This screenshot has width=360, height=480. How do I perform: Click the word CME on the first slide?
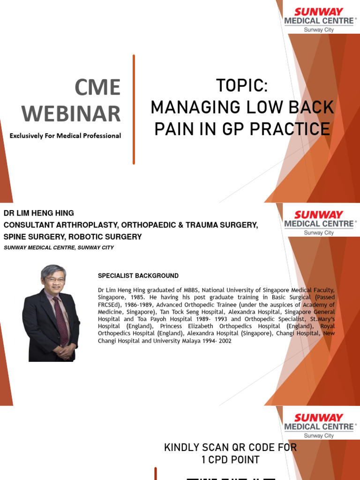pos(98,88)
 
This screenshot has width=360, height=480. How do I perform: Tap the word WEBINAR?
pos(71,114)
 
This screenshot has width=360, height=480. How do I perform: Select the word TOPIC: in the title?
pos(242,86)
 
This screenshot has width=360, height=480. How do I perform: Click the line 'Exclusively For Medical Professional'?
pos(66,136)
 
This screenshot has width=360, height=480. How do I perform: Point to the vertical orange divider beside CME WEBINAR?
pos(134,110)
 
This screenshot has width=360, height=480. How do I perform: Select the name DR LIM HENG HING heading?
pos(39,213)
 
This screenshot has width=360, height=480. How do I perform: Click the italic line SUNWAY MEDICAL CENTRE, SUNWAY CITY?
pos(59,247)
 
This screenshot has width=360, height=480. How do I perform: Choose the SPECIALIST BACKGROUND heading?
pos(138,276)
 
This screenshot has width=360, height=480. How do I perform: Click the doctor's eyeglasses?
pos(55,280)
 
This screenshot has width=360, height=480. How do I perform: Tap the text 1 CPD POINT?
pos(230,460)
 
